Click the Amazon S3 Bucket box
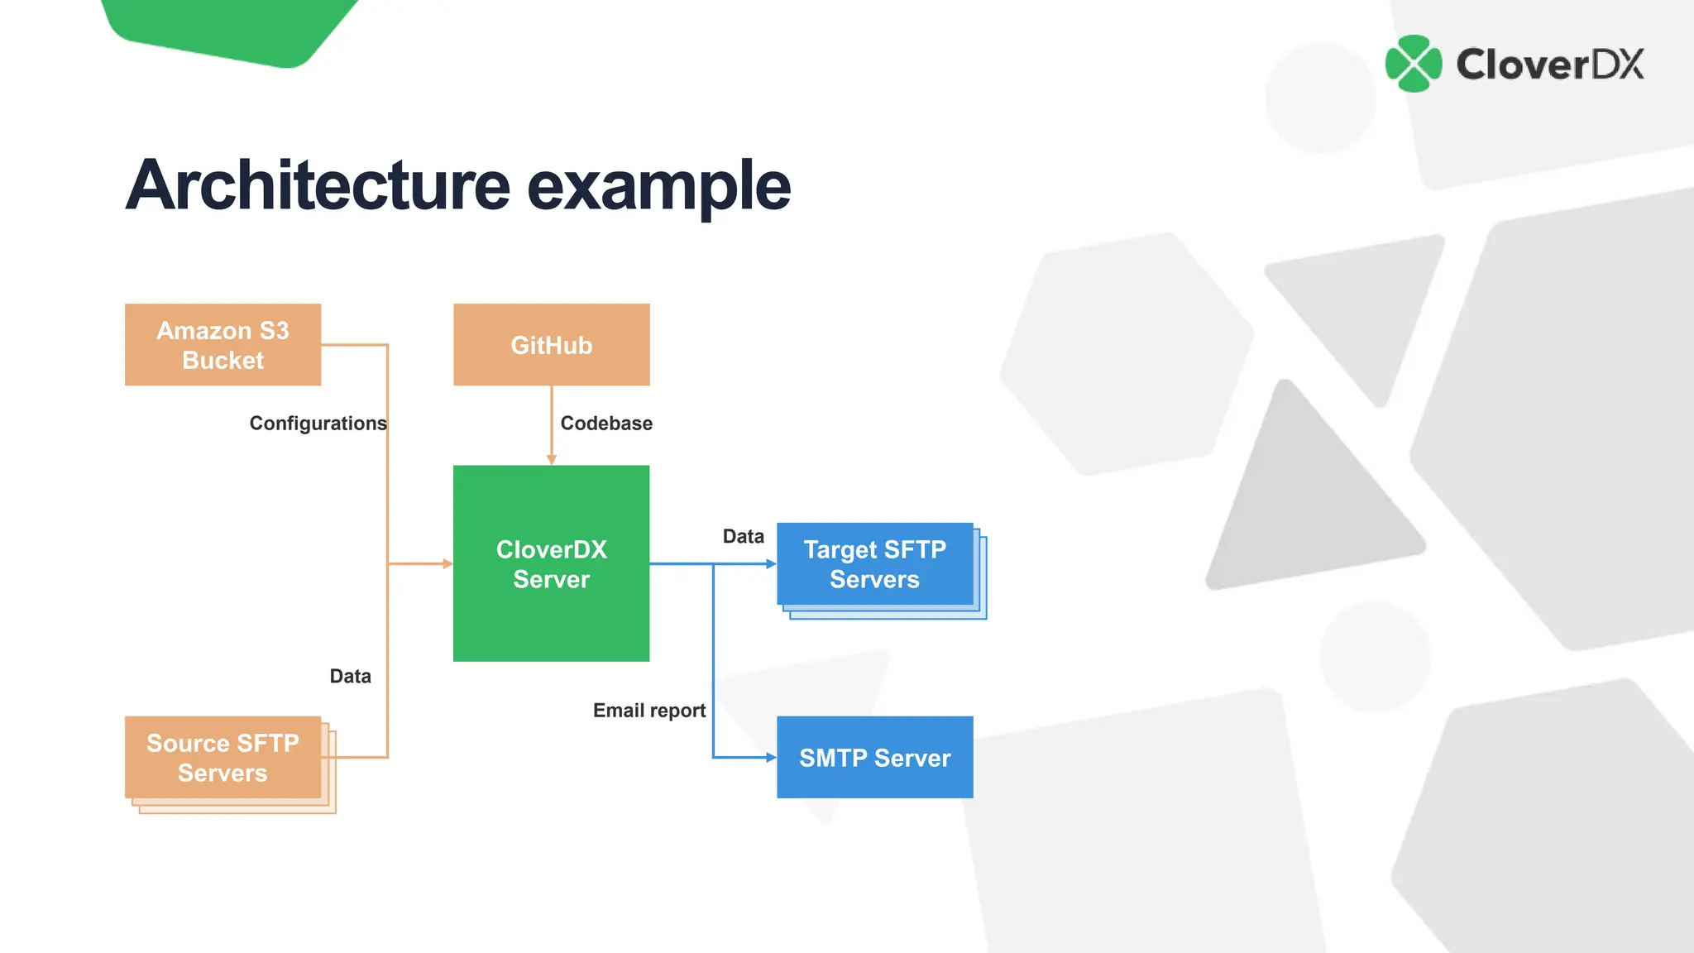223,344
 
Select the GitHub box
551,344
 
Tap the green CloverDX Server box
551,563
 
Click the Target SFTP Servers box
874,564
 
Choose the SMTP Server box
874,757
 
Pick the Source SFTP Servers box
223,757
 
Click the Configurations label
318,424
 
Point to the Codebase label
606,424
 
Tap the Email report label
649,711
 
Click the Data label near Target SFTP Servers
743,536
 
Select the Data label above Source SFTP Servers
350,676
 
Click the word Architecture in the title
318,185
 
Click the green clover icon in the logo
1414,64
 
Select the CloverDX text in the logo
1549,65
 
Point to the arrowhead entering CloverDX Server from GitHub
552,460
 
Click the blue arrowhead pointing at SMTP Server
771,757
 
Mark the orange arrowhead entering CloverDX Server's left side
447,563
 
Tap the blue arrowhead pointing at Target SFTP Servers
771,563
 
